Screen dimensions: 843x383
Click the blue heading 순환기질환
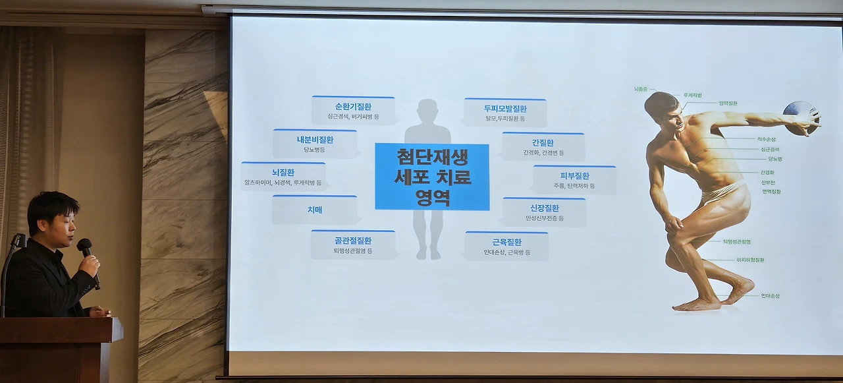[353, 107]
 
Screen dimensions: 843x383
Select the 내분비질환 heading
[315, 140]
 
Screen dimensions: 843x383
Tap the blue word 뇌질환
[283, 173]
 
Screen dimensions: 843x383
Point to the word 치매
[314, 210]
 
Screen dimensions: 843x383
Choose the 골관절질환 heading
[353, 241]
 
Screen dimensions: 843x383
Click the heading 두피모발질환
[505, 109]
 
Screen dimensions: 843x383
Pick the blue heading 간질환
[543, 142]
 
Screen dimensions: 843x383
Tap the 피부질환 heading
[574, 176]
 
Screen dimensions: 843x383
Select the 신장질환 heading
[544, 208]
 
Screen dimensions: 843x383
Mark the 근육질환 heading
[506, 242]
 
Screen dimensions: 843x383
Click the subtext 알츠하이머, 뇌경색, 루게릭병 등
[283, 183]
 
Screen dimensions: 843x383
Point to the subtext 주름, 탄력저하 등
[574, 186]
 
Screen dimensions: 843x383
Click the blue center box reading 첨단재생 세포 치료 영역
[432, 177]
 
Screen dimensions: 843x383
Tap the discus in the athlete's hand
[799, 118]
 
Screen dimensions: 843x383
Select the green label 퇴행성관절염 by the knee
[736, 242]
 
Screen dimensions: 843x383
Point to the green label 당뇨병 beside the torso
[775, 159]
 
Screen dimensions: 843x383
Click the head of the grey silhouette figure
[427, 111]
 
